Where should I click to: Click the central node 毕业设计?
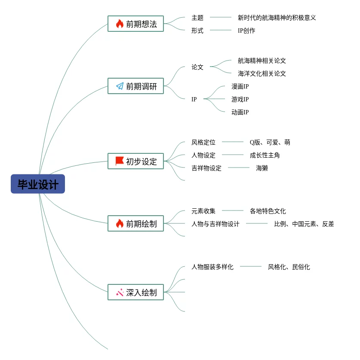coord(38,184)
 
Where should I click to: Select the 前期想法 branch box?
coord(135,24)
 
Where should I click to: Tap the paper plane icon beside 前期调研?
coord(120,86)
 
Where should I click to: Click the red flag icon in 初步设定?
coord(120,161)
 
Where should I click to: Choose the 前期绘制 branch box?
coord(135,223)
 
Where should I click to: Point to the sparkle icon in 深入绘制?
coord(120,293)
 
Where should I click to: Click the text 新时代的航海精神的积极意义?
coord(277,18)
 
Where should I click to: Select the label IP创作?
coord(246,31)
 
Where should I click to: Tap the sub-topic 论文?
coord(197,67)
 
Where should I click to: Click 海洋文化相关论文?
coord(262,73)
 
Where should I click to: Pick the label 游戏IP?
coord(240,99)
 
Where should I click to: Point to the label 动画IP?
coord(240,112)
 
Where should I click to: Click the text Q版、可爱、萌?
coord(270,142)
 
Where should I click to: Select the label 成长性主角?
coord(265,155)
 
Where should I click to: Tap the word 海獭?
coord(262,168)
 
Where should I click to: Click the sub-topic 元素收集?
coord(203,211)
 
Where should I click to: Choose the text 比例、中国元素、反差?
coord(304,224)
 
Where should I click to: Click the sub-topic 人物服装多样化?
coord(212,267)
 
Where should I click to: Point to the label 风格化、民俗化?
coord(289,267)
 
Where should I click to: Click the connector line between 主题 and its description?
coord(220,18)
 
